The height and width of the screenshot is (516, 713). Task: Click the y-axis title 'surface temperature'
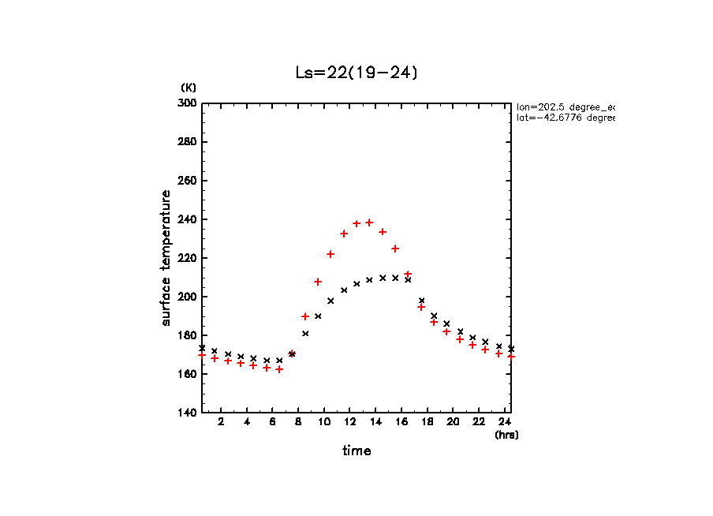pyautogui.click(x=166, y=258)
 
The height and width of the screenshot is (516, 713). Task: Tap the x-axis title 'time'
pyautogui.click(x=356, y=451)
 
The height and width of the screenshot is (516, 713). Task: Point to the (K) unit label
pyautogui.click(x=189, y=87)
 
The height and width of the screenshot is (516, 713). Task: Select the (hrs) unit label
pyautogui.click(x=506, y=434)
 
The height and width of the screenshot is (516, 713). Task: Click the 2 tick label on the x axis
pyautogui.click(x=222, y=422)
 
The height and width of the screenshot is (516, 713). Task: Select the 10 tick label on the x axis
pyautogui.click(x=324, y=422)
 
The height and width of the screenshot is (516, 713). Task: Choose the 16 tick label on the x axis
pyautogui.click(x=401, y=422)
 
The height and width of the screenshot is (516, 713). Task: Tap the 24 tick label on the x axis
pyautogui.click(x=504, y=422)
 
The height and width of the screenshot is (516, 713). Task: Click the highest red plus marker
pyautogui.click(x=369, y=222)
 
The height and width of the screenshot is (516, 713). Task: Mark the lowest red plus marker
pyautogui.click(x=279, y=369)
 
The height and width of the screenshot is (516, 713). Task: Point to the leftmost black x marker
pyautogui.click(x=202, y=348)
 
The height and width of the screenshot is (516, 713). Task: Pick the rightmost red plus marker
pyautogui.click(x=511, y=357)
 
